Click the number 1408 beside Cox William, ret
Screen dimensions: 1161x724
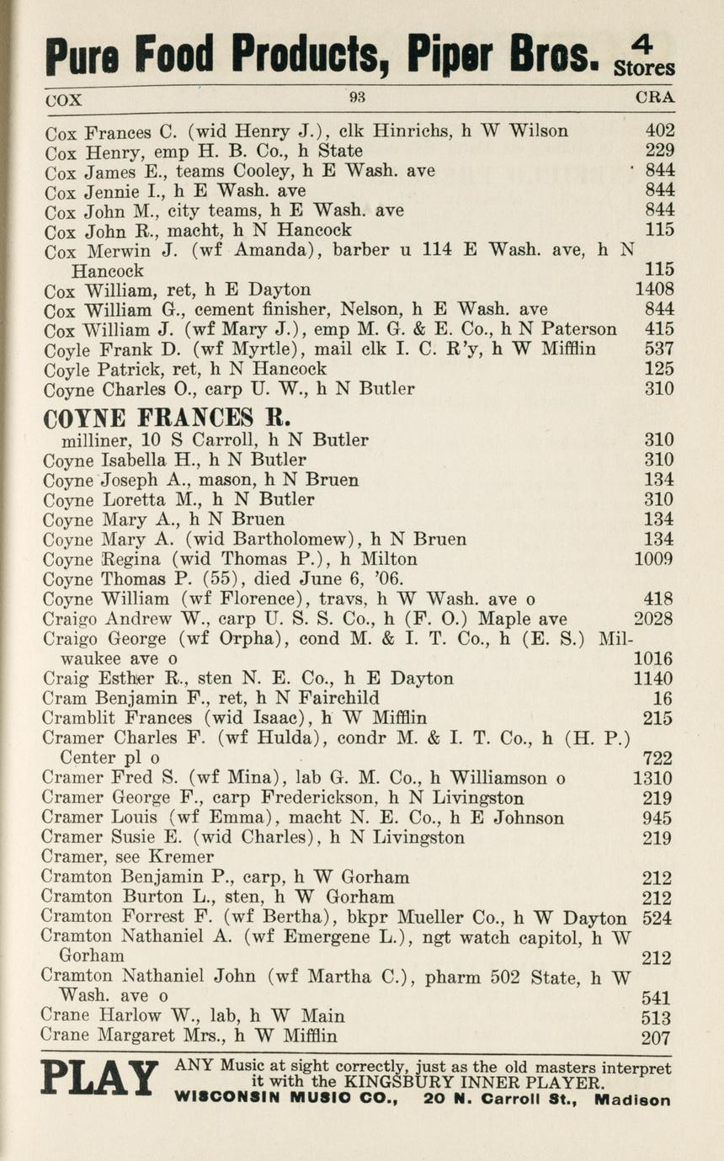[653, 290]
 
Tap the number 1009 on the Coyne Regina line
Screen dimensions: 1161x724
[653, 559]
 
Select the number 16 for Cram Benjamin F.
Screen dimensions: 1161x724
[663, 698]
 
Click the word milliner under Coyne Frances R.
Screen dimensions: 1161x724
[96, 439]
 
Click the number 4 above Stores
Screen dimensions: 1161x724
[647, 45]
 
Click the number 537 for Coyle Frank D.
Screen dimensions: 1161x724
[658, 349]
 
